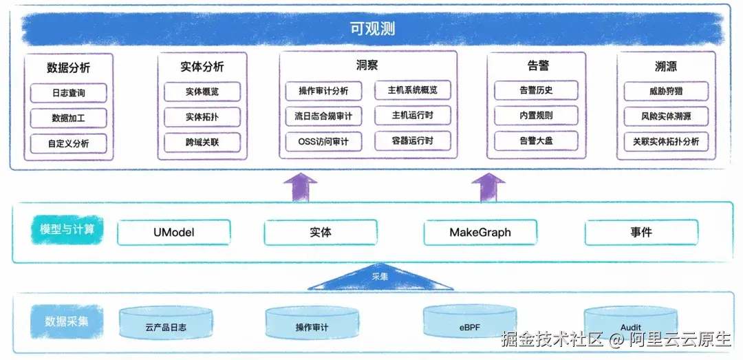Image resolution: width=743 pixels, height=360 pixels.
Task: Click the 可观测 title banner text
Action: pos(371,29)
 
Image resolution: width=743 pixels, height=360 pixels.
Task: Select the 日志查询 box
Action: pos(69,92)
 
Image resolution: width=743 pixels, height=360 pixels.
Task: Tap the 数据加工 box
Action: pos(69,118)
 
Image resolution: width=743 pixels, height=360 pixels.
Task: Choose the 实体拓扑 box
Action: pos(202,117)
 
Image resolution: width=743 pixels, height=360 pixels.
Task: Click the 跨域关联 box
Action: pos(202,142)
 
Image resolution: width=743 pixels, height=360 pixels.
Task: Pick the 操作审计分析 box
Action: pos(323,91)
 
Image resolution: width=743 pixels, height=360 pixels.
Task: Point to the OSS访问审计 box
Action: pos(323,142)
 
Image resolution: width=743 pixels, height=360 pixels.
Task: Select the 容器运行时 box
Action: pos(412,140)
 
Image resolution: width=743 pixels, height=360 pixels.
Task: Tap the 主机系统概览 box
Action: pos(412,89)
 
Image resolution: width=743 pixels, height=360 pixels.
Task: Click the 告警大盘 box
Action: pos(536,141)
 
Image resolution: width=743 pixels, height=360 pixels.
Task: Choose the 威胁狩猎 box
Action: pos(665,90)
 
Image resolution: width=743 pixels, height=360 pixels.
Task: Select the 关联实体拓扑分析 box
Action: pos(665,141)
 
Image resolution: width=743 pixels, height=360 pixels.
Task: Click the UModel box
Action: pos(173,233)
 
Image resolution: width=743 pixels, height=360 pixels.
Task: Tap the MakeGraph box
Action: pos(480,233)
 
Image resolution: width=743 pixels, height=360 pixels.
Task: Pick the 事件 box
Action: pos(640,233)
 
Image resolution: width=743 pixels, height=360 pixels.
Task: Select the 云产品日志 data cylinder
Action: pos(166,323)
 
